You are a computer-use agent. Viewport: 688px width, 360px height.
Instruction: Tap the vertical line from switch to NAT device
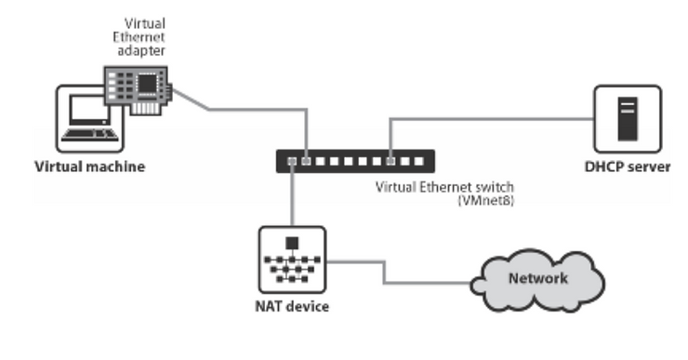coord(292,198)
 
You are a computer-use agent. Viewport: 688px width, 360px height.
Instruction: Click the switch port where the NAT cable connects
coord(292,162)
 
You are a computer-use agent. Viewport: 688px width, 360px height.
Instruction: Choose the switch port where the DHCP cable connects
coord(390,162)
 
